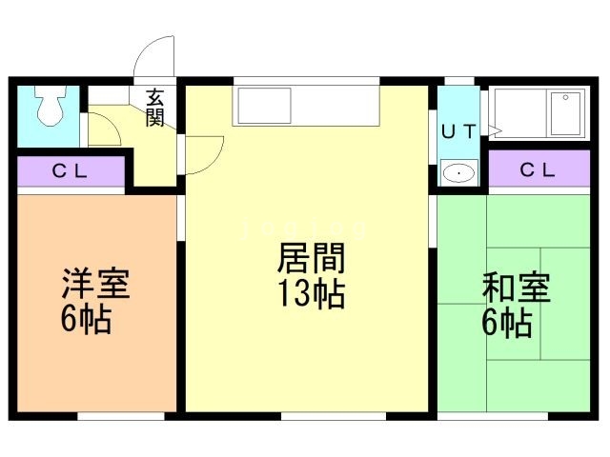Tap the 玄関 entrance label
(x=154, y=107)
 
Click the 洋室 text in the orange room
(x=95, y=285)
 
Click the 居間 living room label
(x=310, y=259)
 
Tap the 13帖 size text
(x=310, y=294)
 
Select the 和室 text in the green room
(x=516, y=287)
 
